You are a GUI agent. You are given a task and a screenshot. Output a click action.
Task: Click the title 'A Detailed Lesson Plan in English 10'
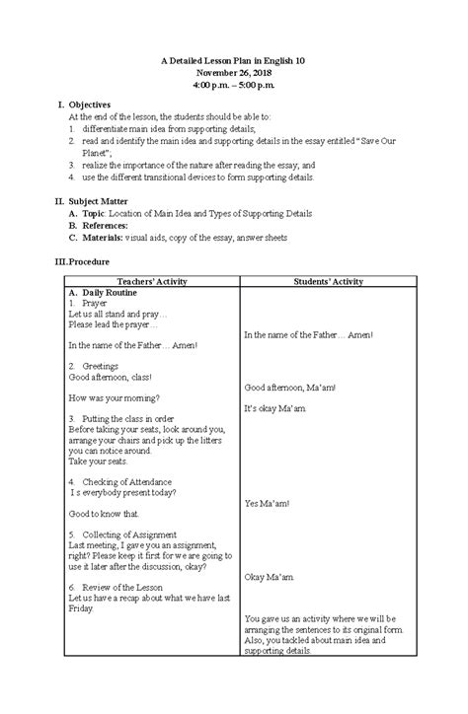(x=233, y=61)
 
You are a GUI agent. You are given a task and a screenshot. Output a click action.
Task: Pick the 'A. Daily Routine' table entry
(x=102, y=293)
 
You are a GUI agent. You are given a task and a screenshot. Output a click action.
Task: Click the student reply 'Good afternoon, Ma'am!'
(x=290, y=387)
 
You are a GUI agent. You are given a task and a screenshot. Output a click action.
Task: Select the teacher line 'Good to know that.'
(x=104, y=514)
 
